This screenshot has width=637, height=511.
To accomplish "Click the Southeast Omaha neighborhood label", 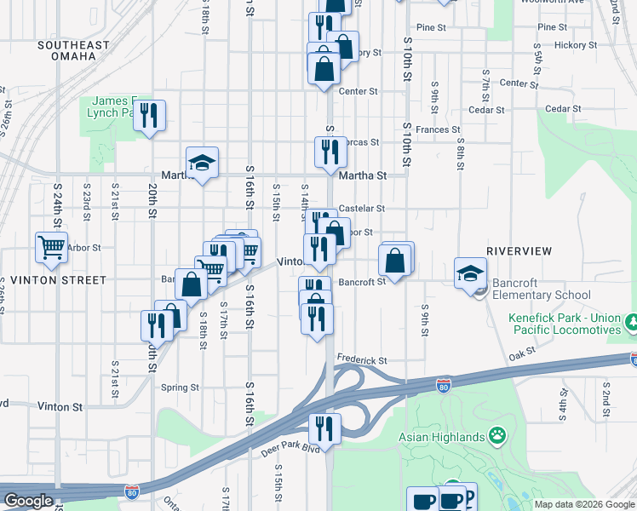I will pos(73,50).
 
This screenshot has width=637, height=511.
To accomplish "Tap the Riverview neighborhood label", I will pos(519,251).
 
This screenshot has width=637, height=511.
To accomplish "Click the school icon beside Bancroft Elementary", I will pos(470,274).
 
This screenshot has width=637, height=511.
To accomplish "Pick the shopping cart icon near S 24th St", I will pos(51,247).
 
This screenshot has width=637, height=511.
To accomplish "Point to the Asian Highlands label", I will pos(442,438).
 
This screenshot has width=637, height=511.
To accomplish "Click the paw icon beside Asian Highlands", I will pos(497,437).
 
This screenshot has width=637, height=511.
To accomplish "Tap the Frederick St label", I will pos(362,360).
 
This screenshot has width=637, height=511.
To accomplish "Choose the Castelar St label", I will pos(362,208).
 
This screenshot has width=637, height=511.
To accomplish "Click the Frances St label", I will pos(439,130).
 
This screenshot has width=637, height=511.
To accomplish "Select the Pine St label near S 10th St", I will pos(431,28).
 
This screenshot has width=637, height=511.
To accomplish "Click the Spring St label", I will pos(180,387).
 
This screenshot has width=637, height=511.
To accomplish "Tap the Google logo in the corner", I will pos(28,501).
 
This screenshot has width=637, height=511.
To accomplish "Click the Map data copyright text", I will pos(584,504).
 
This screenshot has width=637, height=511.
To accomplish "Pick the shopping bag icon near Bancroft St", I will pos(395,261).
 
